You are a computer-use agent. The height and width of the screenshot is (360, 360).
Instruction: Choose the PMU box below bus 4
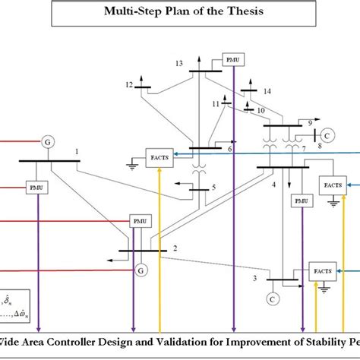302,201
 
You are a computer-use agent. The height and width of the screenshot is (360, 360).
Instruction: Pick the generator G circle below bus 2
139,269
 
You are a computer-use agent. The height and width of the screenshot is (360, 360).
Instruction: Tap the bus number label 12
129,84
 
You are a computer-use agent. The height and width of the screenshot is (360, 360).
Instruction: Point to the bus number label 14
267,91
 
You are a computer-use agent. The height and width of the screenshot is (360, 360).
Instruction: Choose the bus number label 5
214,187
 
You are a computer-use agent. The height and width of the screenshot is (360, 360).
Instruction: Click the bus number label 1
77,152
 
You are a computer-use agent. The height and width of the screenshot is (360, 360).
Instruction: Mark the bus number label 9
309,122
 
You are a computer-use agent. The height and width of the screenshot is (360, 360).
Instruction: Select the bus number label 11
216,103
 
